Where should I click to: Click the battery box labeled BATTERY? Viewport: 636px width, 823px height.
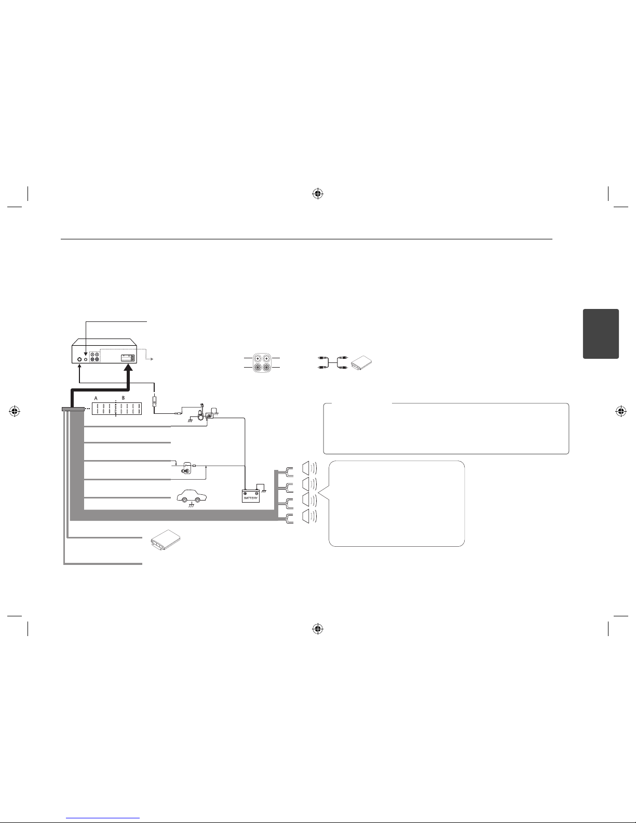(251, 496)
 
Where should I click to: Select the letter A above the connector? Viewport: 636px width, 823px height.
(96, 398)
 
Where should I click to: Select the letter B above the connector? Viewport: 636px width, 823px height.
(123, 398)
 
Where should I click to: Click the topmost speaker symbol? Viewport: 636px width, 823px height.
(309, 468)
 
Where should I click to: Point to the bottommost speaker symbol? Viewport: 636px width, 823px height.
(309, 517)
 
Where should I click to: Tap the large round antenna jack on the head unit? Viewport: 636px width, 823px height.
(79, 359)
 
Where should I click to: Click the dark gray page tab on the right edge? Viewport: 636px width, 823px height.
(601, 334)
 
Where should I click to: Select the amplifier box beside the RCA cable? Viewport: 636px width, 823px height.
(361, 363)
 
